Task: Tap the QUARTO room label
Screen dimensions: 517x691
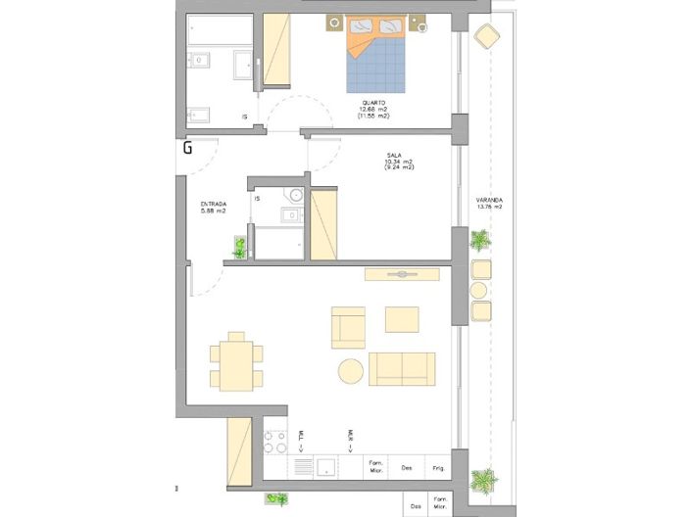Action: click(372, 103)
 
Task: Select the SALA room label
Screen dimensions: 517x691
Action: click(395, 155)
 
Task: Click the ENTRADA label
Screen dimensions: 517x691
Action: click(213, 204)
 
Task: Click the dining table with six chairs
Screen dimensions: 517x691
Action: click(236, 362)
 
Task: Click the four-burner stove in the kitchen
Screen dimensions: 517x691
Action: click(275, 443)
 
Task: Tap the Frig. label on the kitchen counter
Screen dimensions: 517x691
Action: click(437, 468)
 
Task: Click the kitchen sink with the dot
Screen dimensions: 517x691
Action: click(326, 467)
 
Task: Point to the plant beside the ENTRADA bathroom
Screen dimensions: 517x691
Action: click(239, 248)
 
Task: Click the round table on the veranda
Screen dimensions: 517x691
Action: click(480, 291)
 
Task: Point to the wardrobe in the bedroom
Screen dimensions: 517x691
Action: click(276, 54)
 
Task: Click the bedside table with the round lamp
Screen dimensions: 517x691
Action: click(421, 25)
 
